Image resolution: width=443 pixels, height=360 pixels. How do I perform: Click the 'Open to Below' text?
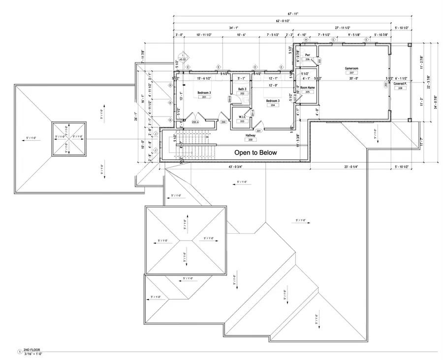tap(255, 152)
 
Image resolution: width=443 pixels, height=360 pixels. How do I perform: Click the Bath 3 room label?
tap(242, 89)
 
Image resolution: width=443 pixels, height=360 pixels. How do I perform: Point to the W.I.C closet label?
tap(242, 117)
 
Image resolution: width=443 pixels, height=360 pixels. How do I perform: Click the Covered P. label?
tap(400, 84)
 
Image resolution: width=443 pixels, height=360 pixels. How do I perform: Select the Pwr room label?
tap(307, 55)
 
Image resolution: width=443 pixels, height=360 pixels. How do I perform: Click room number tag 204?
tap(272, 105)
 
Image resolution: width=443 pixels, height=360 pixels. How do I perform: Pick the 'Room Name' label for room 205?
tap(308, 87)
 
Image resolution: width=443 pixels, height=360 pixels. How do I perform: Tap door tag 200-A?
tap(195, 121)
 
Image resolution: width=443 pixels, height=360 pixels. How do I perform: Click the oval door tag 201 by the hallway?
tap(258, 131)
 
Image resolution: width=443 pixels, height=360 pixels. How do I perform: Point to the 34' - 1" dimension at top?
tap(234, 28)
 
